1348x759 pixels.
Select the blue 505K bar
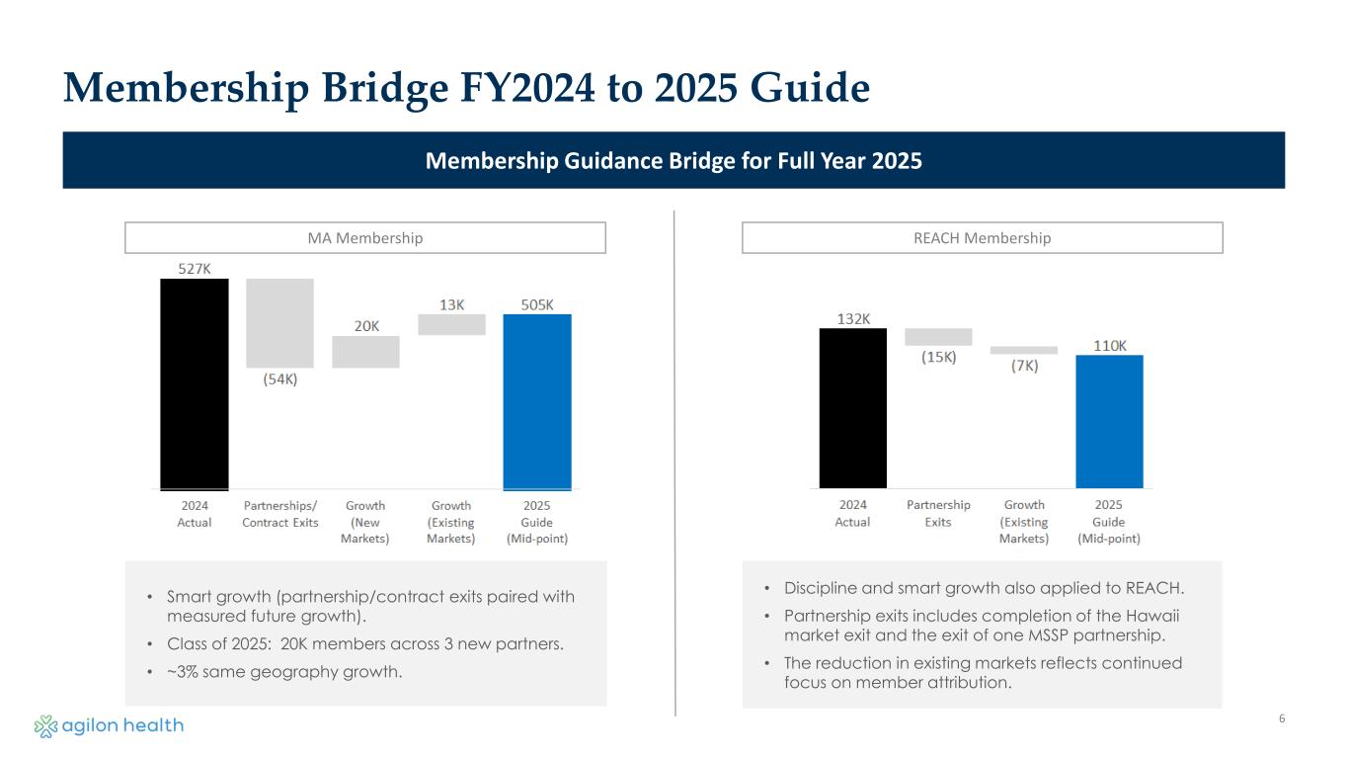click(537, 401)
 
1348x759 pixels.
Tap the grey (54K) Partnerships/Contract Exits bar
click(280, 323)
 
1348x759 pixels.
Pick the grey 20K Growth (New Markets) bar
click(365, 352)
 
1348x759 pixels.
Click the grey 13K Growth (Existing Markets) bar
click(451, 324)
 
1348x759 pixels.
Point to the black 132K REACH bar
click(853, 407)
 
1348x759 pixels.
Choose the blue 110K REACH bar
click(1109, 421)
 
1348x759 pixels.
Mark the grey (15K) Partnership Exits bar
click(938, 337)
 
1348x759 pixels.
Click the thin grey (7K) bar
click(1024, 350)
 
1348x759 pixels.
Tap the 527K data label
click(195, 268)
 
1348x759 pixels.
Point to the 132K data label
click(853, 318)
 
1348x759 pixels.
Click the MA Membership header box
click(365, 238)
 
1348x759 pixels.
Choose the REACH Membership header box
click(983, 238)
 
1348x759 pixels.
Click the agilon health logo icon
click(45, 726)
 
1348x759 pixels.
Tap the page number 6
click(1282, 718)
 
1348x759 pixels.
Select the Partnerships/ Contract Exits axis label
click(280, 514)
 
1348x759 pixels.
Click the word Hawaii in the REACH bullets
click(1153, 615)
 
